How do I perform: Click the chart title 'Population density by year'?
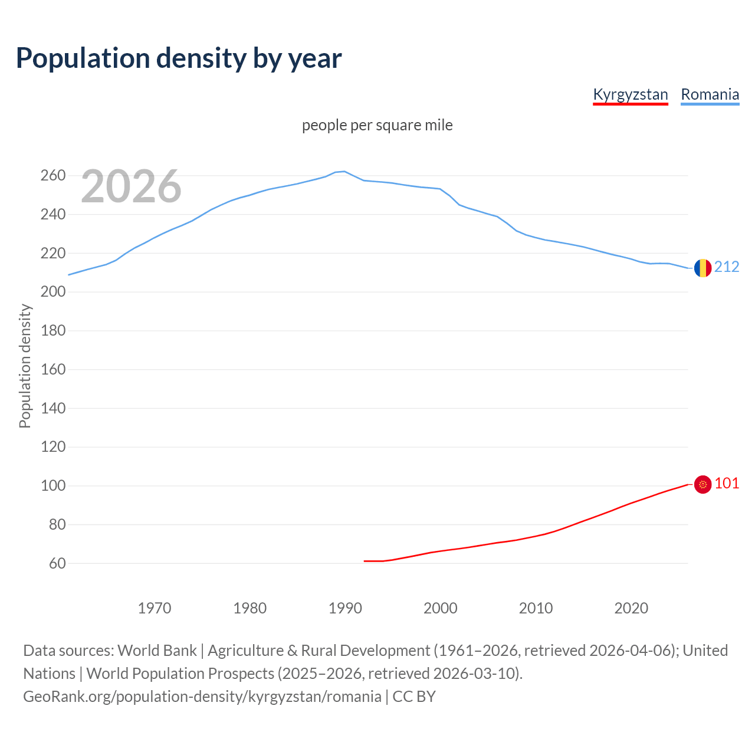point(179,58)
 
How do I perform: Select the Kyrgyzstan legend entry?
point(630,94)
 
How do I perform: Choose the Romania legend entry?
point(710,94)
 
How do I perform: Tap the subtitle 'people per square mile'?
point(377,125)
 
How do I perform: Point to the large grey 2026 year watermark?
point(131,186)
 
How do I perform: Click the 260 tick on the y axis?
point(52,175)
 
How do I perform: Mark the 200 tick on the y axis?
point(52,292)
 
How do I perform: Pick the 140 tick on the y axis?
point(52,408)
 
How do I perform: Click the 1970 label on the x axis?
point(155,608)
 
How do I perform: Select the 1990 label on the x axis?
point(345,608)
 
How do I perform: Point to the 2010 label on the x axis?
point(536,608)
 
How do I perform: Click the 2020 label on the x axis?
point(631,608)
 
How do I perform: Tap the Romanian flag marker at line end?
point(703,268)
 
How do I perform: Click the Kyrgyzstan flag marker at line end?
point(703,484)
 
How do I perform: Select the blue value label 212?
point(727,267)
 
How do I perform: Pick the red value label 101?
point(727,484)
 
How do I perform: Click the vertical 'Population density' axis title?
point(25,366)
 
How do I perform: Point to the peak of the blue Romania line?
point(344,171)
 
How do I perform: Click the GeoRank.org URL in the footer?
point(202,697)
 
